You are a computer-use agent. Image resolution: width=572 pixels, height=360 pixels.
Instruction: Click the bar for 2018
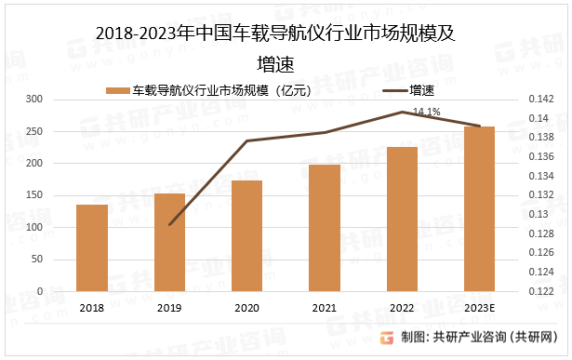click(x=91, y=247)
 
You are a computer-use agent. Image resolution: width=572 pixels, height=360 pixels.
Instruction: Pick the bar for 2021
click(x=325, y=227)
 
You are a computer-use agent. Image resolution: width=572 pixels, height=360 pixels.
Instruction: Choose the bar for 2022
click(x=402, y=219)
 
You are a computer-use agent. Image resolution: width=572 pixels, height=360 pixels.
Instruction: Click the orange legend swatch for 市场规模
click(x=116, y=90)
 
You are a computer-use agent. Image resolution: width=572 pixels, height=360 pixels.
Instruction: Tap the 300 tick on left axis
click(x=34, y=99)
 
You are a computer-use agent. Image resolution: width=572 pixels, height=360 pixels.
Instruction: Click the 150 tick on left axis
click(x=34, y=195)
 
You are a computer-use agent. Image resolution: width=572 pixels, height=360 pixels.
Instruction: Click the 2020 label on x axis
click(x=246, y=308)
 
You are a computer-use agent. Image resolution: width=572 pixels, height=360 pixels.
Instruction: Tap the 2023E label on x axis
click(x=479, y=308)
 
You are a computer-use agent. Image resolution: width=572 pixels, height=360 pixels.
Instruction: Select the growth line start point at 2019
click(x=169, y=224)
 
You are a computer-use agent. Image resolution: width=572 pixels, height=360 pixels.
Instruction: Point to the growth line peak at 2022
click(x=402, y=112)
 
